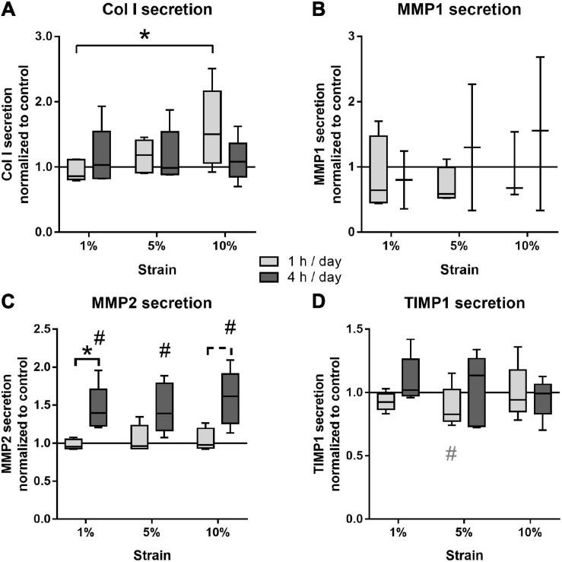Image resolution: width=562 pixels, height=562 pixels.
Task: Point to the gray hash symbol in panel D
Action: click(x=450, y=454)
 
